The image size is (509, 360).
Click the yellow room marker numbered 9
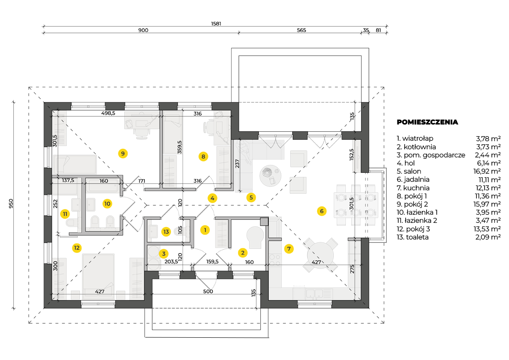tap(123, 153)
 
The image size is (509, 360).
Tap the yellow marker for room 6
tap(321, 210)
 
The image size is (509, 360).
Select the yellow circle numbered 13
tap(166, 231)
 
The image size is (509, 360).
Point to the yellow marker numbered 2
tap(243, 253)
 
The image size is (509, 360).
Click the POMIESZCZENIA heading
tap(427, 122)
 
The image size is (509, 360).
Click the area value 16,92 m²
tap(488, 171)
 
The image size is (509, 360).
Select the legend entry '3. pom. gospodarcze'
tap(431, 155)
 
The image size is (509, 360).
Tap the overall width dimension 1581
tap(215, 24)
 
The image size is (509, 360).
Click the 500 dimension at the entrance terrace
tap(208, 292)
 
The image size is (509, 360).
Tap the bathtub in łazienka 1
tap(103, 187)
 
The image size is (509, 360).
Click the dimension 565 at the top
tap(302, 30)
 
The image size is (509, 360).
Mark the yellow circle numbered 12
tap(76, 247)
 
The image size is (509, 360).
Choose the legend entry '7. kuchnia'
tap(413, 188)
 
